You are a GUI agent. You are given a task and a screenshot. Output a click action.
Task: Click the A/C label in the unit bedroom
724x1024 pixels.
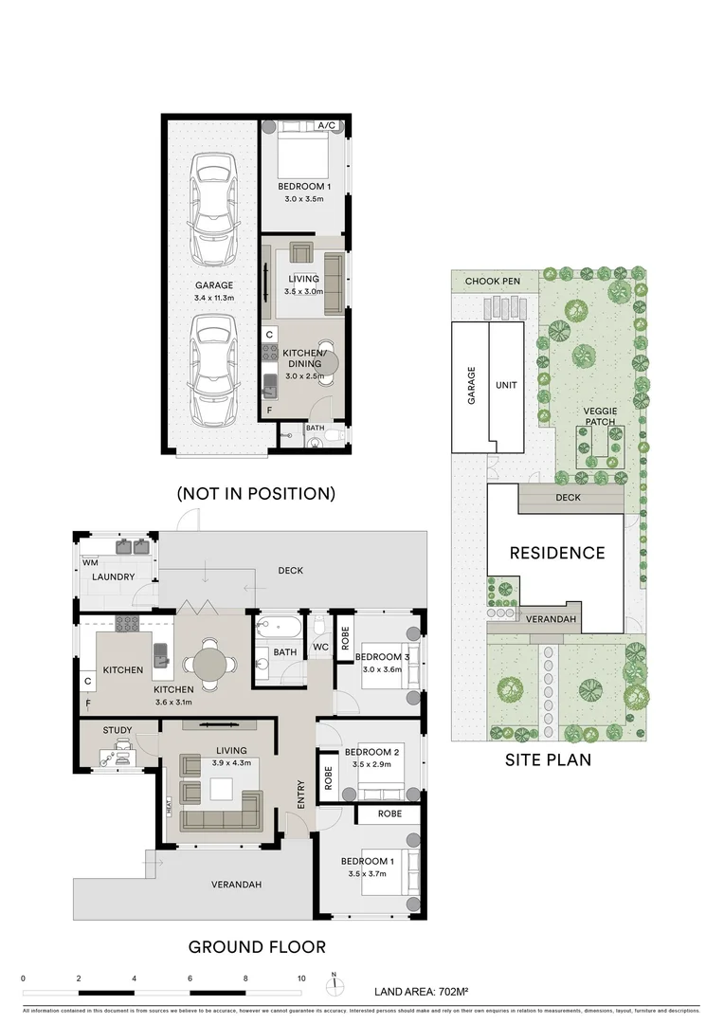click(x=327, y=125)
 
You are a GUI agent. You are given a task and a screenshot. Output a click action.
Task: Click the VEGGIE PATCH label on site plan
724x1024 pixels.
click(x=600, y=415)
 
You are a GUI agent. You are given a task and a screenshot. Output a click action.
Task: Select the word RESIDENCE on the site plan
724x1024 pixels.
click(x=556, y=553)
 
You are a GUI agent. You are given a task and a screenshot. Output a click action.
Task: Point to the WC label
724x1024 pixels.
click(x=319, y=648)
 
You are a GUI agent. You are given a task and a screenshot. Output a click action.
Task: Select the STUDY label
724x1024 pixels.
click(x=118, y=730)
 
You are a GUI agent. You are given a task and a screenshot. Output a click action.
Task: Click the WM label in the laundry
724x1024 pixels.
click(x=89, y=562)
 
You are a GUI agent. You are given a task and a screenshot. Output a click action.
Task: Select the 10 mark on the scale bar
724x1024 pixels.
click(x=301, y=978)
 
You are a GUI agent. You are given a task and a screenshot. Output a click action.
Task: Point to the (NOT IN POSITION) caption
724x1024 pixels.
click(x=256, y=493)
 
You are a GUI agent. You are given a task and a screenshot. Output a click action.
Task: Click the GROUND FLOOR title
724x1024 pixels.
click(x=257, y=946)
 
